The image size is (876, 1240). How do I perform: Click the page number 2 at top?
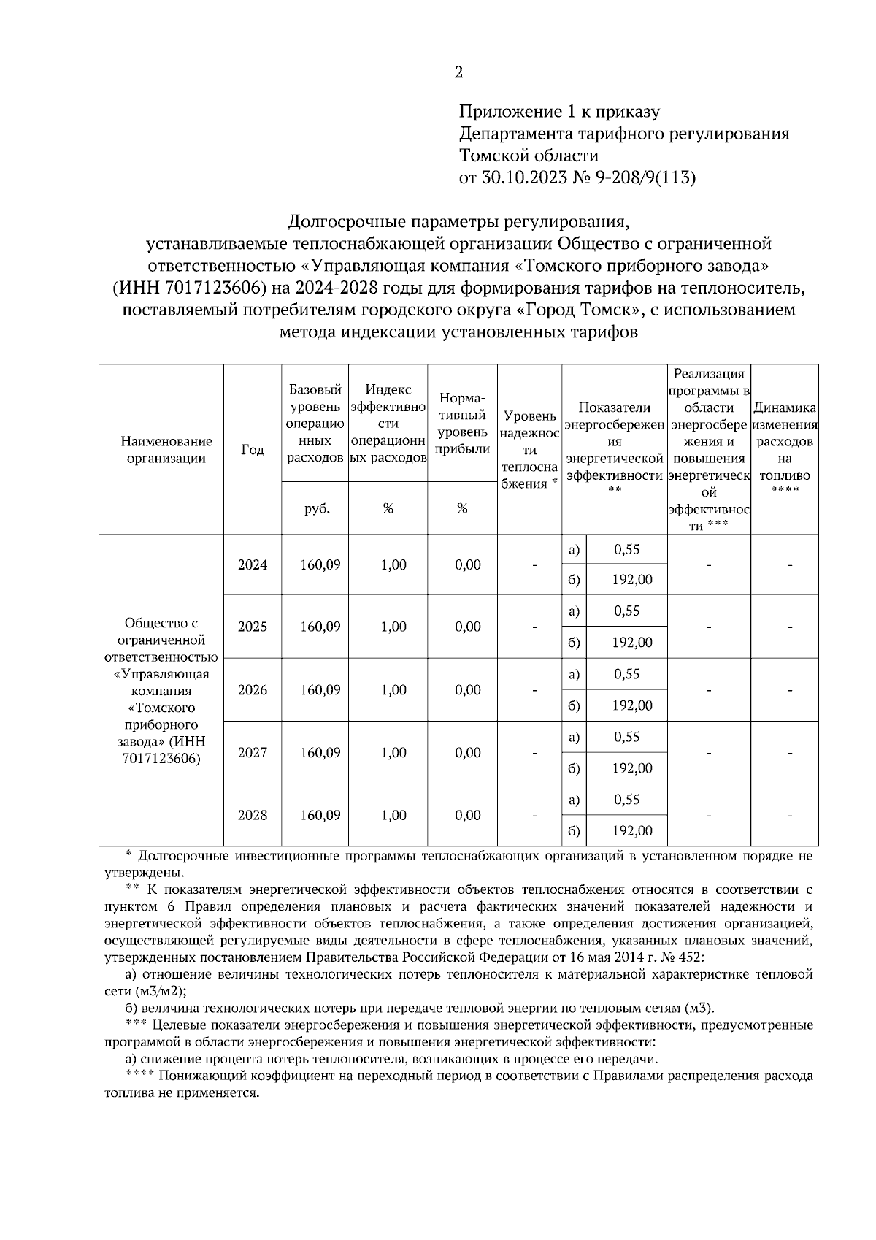pos(458,72)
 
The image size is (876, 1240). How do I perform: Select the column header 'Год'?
pos(252,450)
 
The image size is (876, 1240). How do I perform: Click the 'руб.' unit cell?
pos(315,509)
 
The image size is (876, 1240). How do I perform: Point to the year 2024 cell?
pos(252,564)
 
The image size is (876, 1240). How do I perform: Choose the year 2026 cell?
pos(252,690)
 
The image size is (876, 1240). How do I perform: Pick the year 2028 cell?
pos(252,815)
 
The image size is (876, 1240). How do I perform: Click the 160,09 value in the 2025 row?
pos(320,627)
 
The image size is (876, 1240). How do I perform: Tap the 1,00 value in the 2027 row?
pos(393,753)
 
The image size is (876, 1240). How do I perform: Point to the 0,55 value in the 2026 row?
pos(626,674)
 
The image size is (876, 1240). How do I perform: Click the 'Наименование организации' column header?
pos(166,450)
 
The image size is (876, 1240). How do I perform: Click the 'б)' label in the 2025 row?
pos(574,643)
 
